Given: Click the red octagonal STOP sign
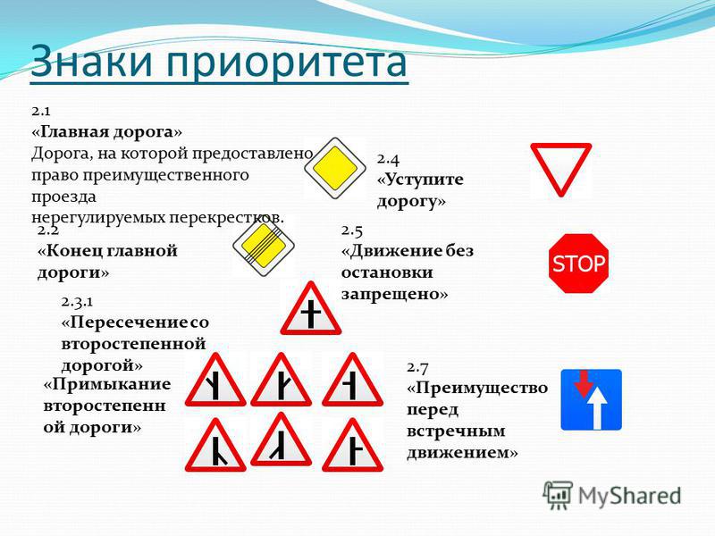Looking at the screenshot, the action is [578, 264].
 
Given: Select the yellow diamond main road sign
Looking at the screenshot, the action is [335, 168].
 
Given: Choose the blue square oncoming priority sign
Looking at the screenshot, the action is [591, 399].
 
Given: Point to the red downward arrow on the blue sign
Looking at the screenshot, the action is [583, 384].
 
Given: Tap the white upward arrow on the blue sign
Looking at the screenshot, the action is [597, 409].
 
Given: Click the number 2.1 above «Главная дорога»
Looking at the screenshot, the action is [40, 111].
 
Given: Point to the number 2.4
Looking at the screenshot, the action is [388, 159].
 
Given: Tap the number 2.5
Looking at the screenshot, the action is [352, 230].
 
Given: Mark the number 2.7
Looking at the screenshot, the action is [417, 367].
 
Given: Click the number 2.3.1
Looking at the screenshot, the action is [77, 301].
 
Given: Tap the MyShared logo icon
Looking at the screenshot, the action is [558, 495].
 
